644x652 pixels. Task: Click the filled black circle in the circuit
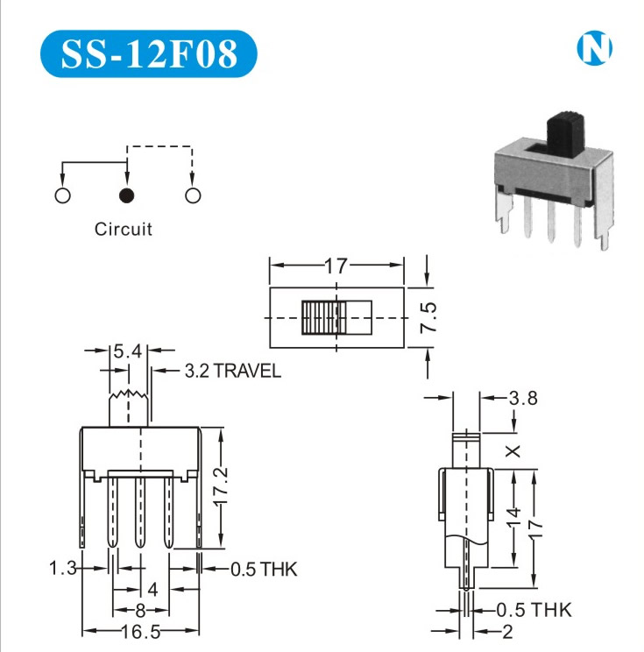tap(127, 195)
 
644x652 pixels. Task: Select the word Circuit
tap(124, 230)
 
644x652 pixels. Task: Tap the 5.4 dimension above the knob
tap(127, 352)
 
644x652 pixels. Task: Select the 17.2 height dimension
tap(223, 480)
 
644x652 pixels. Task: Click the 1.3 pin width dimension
tap(63, 569)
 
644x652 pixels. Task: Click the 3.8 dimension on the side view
tap(523, 399)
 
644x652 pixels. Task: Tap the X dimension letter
tap(514, 451)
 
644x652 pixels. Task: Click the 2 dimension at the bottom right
tap(507, 632)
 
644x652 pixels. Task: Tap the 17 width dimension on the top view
tap(336, 266)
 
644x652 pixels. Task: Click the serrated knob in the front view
tap(128, 407)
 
